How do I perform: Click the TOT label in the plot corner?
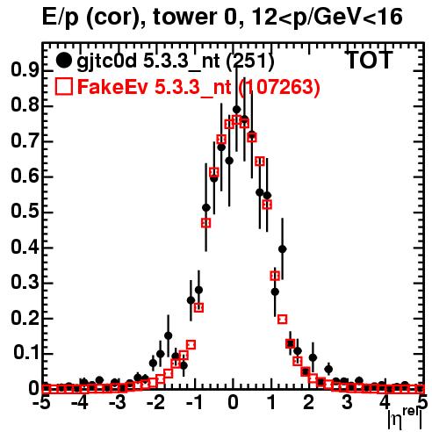click(x=370, y=60)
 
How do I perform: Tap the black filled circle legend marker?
click(x=63, y=61)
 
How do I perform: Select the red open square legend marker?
click(x=63, y=86)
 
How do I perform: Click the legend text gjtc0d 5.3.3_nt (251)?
click(x=176, y=61)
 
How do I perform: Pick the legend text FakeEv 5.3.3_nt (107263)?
click(x=198, y=87)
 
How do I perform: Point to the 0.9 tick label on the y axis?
click(x=25, y=70)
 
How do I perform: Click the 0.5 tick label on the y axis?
click(x=25, y=212)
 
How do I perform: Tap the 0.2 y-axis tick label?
click(x=25, y=319)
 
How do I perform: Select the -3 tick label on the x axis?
click(x=118, y=402)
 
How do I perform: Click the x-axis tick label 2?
click(x=308, y=402)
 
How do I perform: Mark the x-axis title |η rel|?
click(x=405, y=419)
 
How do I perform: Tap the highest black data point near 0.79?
click(x=236, y=110)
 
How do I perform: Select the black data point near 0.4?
click(x=282, y=249)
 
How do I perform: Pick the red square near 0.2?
click(x=282, y=320)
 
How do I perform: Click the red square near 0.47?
click(x=206, y=223)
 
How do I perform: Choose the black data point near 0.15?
click(x=168, y=335)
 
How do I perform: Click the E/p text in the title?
click(x=61, y=18)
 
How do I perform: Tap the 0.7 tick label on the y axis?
click(x=25, y=141)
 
